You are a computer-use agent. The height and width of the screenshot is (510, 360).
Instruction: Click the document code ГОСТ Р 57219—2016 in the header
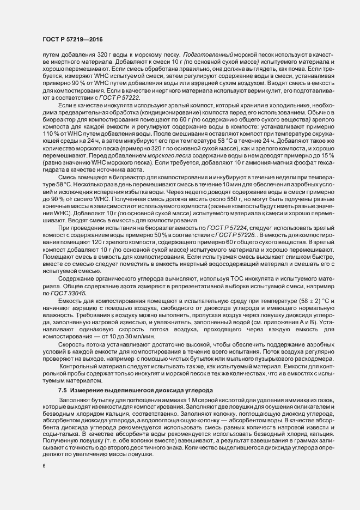72,39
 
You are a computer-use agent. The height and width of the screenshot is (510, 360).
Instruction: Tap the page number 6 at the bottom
44,466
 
